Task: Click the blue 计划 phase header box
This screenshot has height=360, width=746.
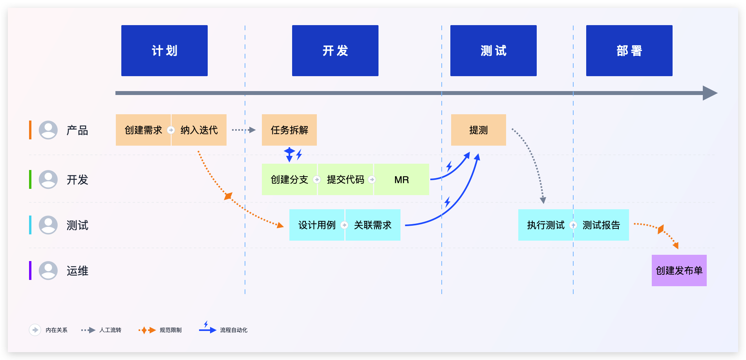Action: point(165,51)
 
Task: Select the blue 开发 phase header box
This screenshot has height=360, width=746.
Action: point(335,51)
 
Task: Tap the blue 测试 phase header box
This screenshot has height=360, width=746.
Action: point(494,51)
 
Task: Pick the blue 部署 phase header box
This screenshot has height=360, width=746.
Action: point(629,51)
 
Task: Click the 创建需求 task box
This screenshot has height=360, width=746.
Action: point(143,130)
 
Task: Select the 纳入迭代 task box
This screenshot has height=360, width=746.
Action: point(199,130)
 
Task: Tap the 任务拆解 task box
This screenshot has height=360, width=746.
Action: point(289,130)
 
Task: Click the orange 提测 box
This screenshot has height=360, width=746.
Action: point(479,130)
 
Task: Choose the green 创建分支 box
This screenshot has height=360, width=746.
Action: point(289,179)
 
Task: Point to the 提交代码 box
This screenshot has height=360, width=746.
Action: point(346,179)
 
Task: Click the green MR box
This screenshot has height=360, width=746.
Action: point(402,179)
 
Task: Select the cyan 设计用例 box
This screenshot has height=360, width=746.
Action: point(317,225)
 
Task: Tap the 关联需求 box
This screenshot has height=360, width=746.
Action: point(373,225)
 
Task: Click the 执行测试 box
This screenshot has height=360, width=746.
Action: point(546,225)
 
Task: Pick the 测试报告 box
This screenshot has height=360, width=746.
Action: point(602,225)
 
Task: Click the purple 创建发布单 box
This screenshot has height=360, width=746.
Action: point(679,270)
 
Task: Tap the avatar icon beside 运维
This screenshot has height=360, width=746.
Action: point(48,270)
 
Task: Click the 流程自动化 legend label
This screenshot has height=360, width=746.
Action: point(234,330)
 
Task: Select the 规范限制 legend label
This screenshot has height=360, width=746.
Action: point(170,330)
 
